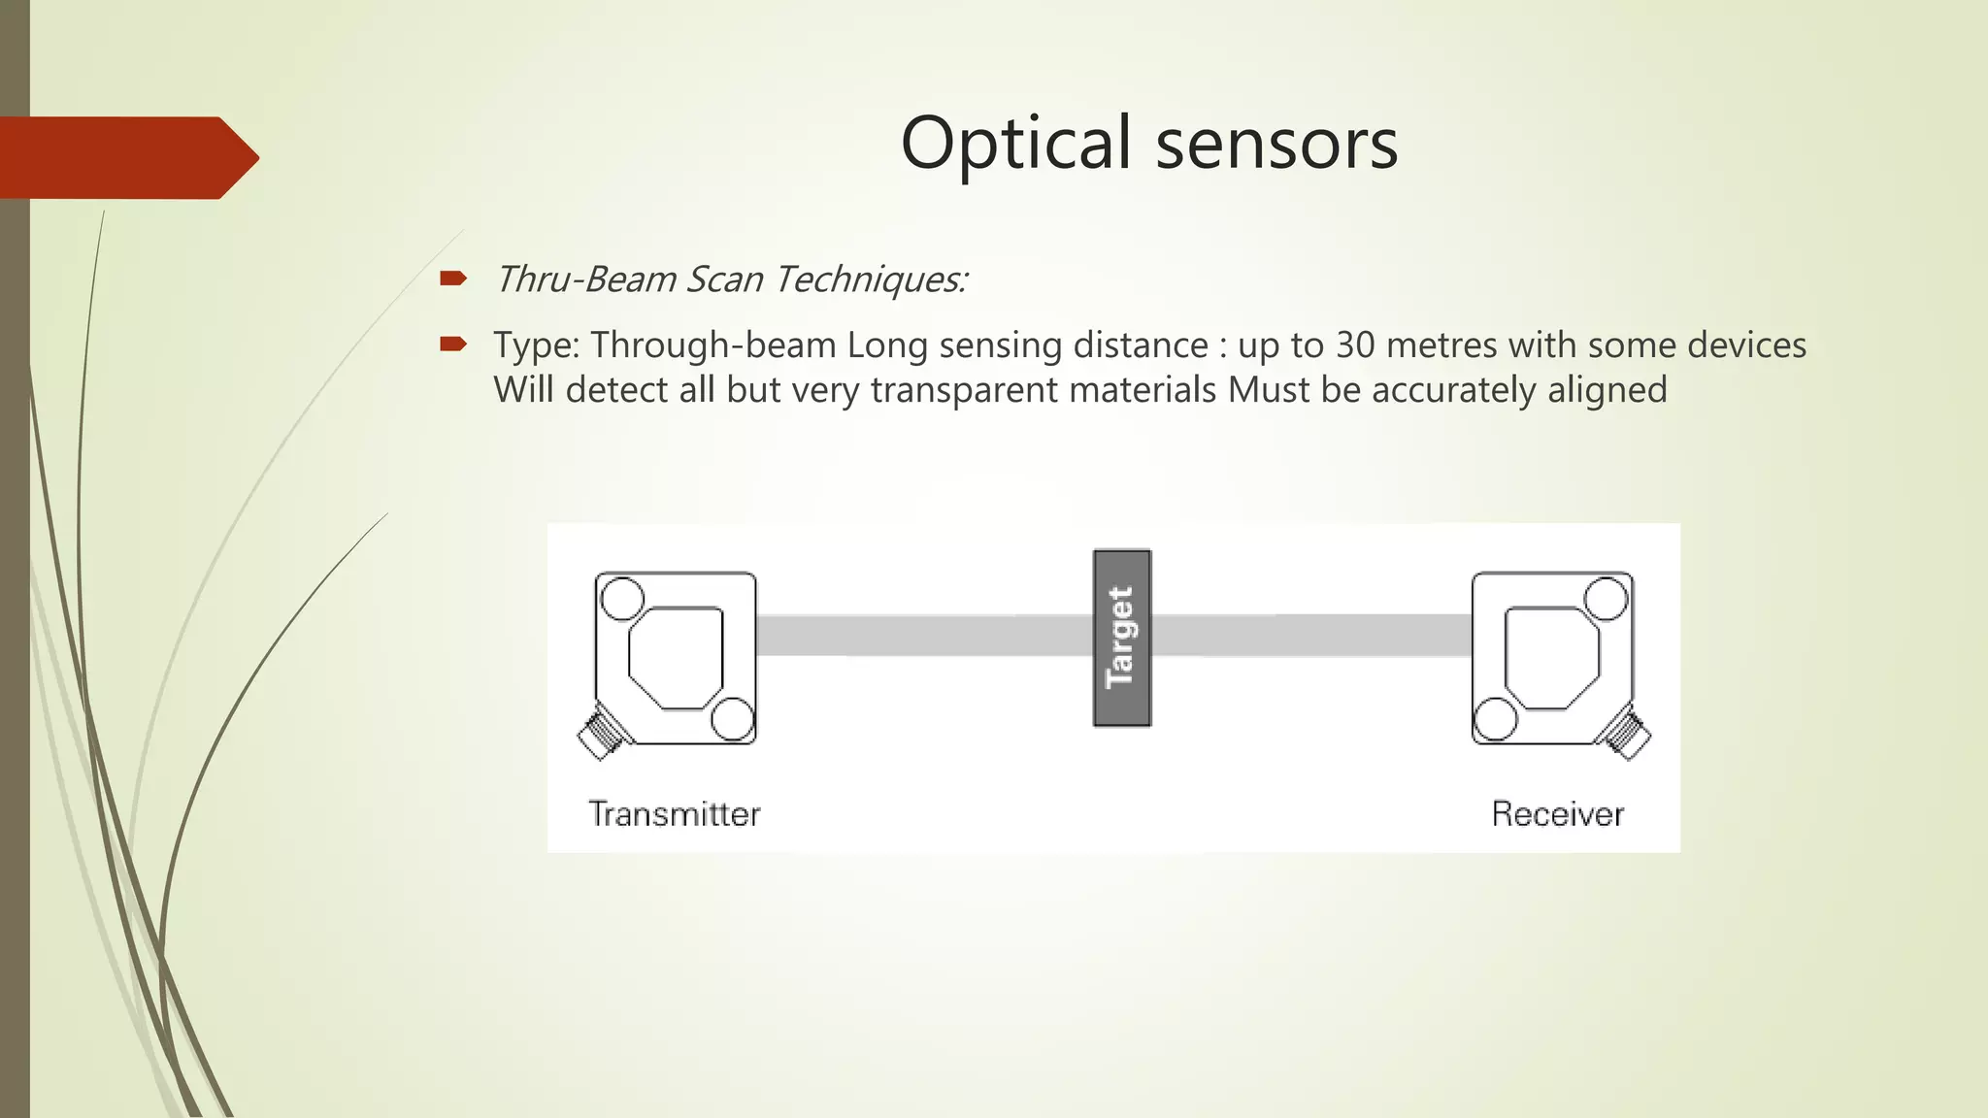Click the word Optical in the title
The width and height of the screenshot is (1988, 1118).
coord(1015,144)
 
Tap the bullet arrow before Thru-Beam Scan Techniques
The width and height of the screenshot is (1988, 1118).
coord(452,279)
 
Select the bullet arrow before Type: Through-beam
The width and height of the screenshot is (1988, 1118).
coord(452,345)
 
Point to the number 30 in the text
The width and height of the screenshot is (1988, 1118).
coord(1357,345)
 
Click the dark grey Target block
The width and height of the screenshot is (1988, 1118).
coord(1121,638)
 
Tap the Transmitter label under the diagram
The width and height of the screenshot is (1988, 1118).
coord(674,813)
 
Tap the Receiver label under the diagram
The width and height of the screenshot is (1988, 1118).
coord(1557,813)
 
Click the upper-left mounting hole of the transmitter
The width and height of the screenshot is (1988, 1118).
coord(621,598)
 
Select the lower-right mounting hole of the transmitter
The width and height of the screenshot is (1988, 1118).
coord(733,719)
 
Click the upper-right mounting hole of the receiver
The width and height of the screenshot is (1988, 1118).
coord(1607,598)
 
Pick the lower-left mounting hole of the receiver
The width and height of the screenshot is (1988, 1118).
coord(1495,719)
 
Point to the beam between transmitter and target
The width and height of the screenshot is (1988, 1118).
coord(922,636)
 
